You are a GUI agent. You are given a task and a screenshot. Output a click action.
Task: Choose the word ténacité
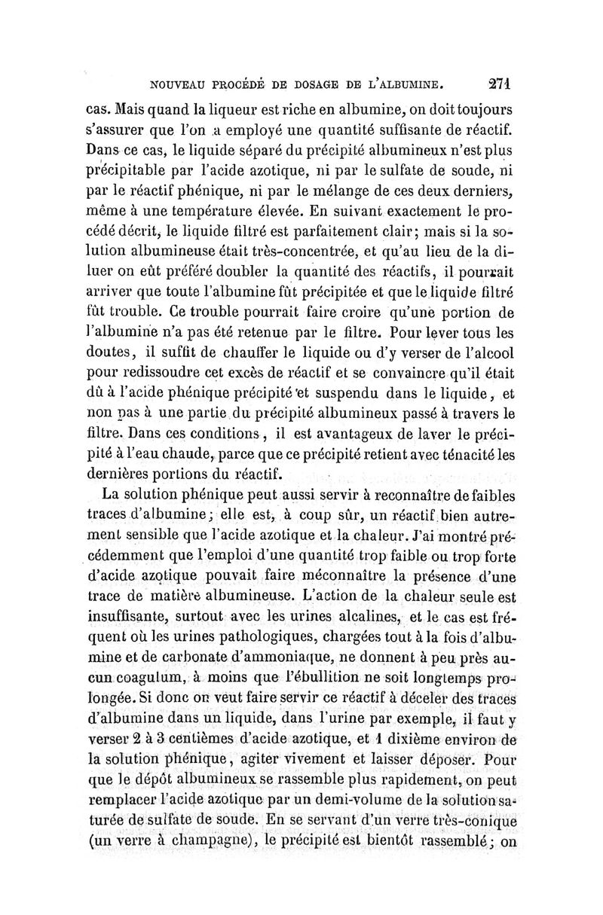[x=468, y=454]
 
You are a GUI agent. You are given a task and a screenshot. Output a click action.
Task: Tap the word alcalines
[x=363, y=618]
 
